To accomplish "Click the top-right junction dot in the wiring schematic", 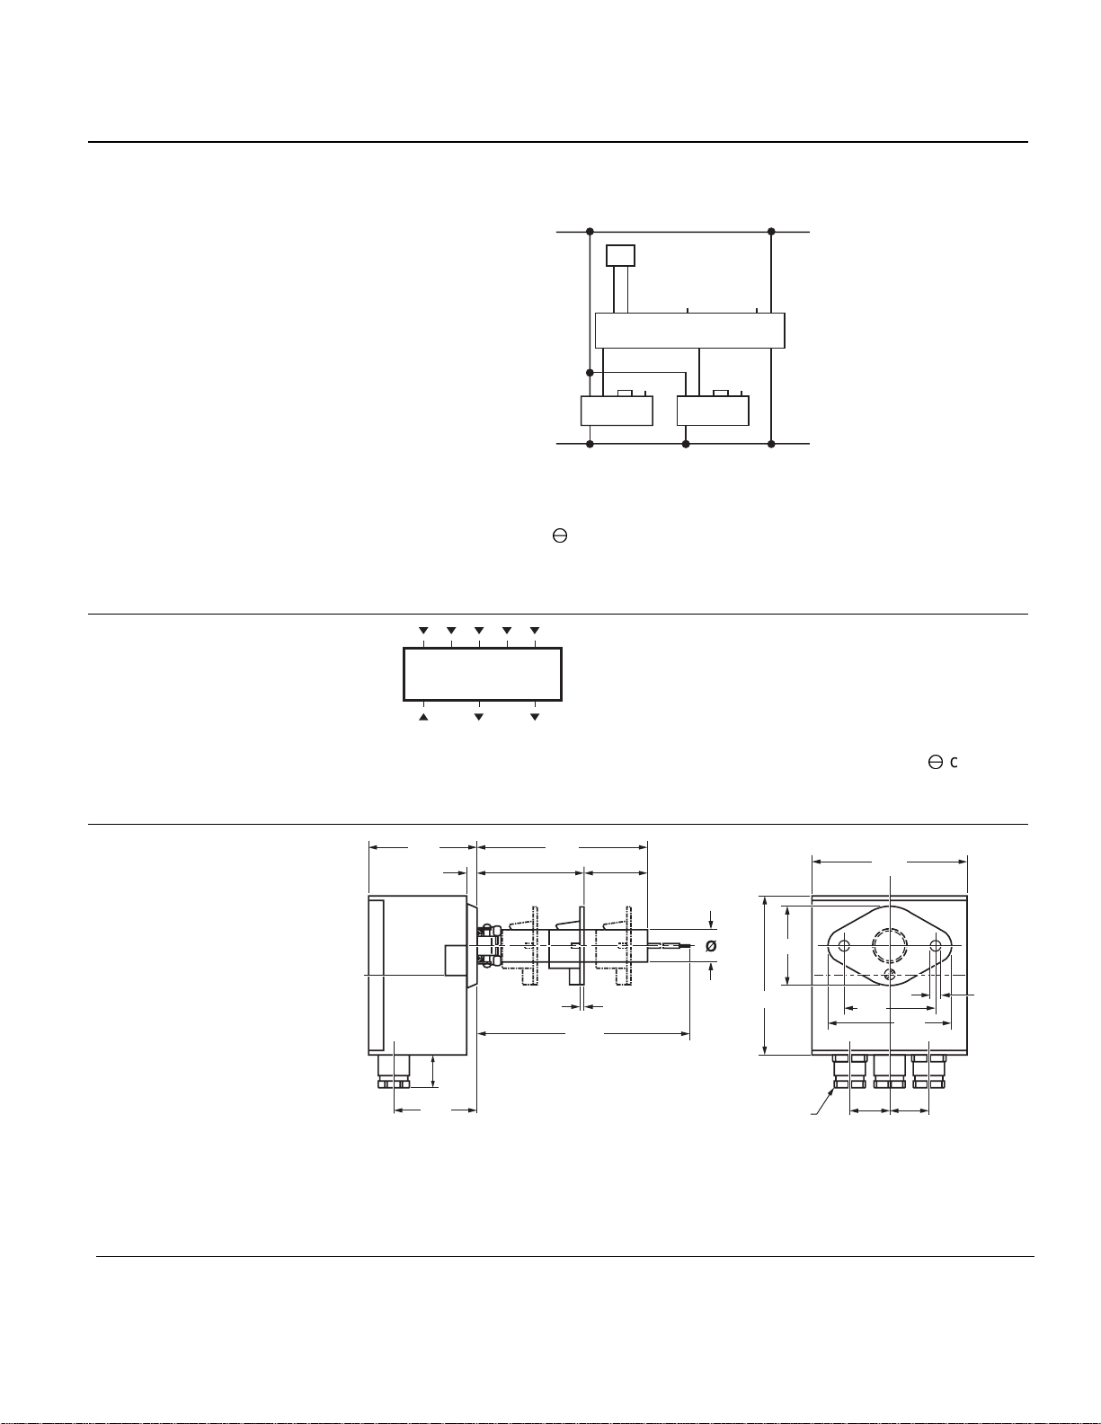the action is tap(771, 231).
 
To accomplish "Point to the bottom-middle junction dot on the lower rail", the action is tap(686, 444).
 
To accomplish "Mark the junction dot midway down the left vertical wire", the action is tap(590, 372).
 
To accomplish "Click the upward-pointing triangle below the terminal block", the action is tap(423, 717).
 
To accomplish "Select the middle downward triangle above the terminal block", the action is tap(479, 631).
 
